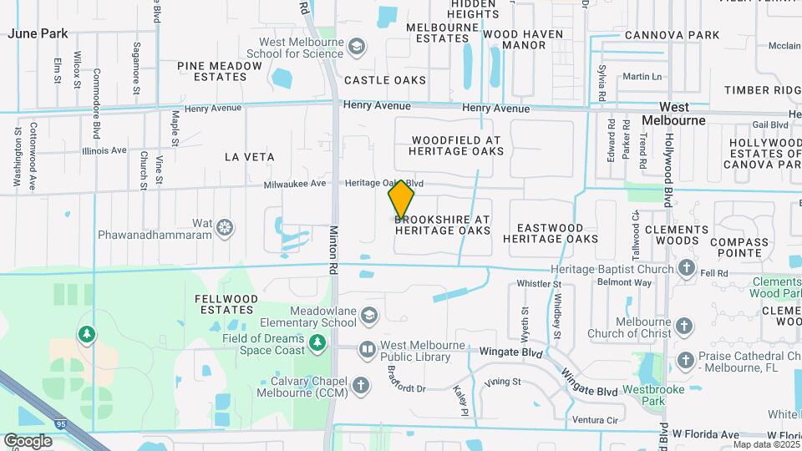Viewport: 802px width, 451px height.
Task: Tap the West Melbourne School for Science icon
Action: [358, 45]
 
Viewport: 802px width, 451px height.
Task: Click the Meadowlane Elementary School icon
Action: [369, 316]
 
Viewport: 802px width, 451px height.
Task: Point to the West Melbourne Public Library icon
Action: [367, 350]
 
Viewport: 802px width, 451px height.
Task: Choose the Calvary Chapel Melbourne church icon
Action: [360, 385]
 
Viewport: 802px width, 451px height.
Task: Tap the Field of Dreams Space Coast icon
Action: [317, 342]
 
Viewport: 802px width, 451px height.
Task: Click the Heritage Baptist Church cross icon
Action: [686, 269]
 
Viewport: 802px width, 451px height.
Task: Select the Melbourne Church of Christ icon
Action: [684, 327]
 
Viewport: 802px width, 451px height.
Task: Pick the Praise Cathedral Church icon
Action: [686, 361]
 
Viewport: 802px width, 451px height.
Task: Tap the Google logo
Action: [28, 441]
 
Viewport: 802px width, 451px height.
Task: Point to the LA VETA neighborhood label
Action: [250, 156]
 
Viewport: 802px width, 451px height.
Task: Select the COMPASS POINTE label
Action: [739, 247]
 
